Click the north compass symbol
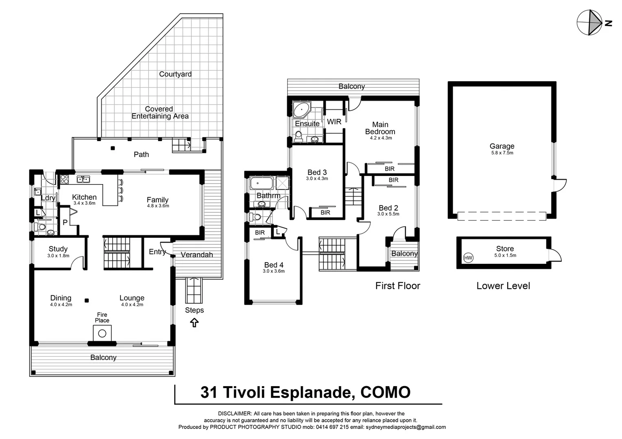point(590,23)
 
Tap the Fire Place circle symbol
point(102,334)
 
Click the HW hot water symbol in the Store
point(468,258)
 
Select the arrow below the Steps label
point(194,323)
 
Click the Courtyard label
point(175,74)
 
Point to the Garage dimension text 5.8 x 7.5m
point(502,153)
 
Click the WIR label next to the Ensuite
point(334,122)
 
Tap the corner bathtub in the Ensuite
point(301,110)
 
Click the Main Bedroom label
point(380,128)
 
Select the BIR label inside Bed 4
point(260,233)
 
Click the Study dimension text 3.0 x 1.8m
point(58,256)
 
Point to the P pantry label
point(65,222)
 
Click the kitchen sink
point(83,179)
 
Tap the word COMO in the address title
point(385,392)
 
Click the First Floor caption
point(397,286)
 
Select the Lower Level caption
point(503,286)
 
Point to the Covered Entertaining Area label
point(159,113)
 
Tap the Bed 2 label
point(388,208)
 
